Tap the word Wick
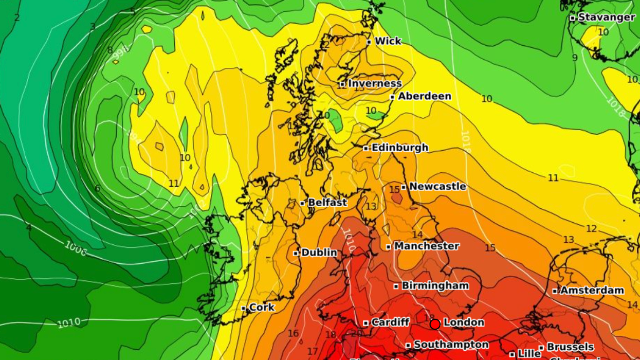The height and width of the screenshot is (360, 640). click(x=388, y=41)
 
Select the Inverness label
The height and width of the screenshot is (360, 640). click(x=375, y=83)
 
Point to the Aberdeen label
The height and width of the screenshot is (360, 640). click(x=425, y=96)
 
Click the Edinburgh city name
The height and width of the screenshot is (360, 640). click(x=399, y=148)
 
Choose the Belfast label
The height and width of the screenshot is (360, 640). click(x=327, y=203)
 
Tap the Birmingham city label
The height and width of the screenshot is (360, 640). click(x=435, y=285)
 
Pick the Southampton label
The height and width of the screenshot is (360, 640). click(x=451, y=345)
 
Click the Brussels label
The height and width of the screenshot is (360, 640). click(x=570, y=347)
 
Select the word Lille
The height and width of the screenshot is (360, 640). click(x=529, y=354)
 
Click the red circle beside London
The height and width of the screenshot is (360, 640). click(x=435, y=324)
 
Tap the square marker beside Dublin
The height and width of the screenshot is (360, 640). click(x=296, y=253)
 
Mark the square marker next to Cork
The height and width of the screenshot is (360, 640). click(x=244, y=308)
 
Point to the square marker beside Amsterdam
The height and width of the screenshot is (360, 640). click(x=555, y=291)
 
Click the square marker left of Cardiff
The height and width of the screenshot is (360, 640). click(x=366, y=323)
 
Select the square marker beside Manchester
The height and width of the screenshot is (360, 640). click(x=389, y=247)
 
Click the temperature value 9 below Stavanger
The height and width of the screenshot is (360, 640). click(x=575, y=58)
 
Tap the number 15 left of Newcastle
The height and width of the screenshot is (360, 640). click(x=394, y=190)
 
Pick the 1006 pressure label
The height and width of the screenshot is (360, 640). click(x=75, y=248)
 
